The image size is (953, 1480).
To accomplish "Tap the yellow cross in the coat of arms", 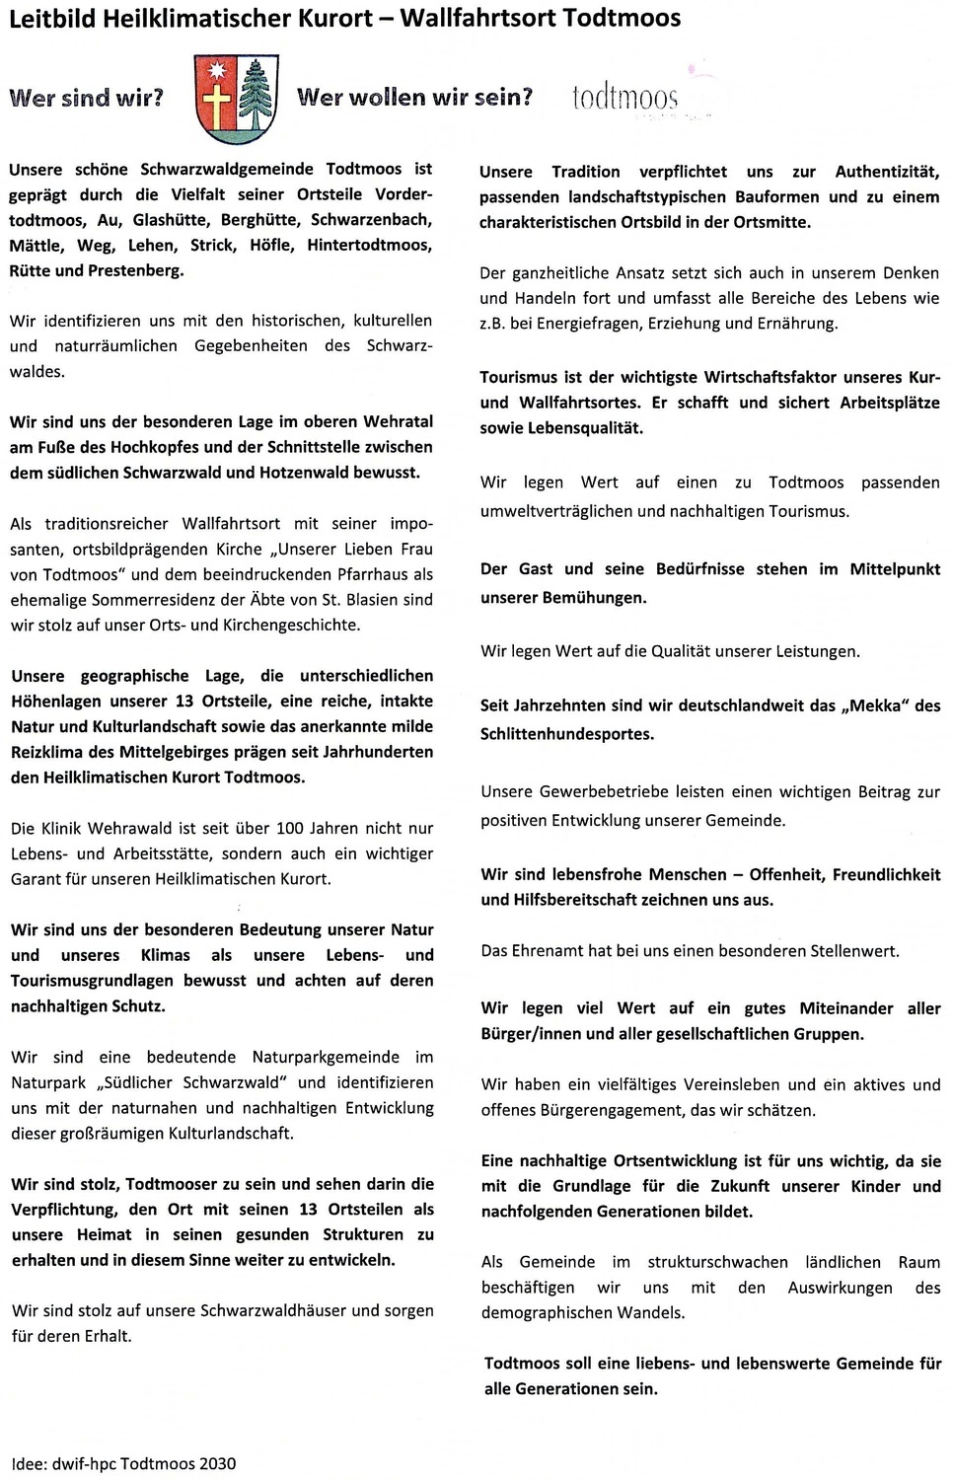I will (x=218, y=102).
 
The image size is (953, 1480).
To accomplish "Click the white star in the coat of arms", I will (x=218, y=70).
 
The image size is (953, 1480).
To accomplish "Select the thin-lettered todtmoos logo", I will (x=624, y=99).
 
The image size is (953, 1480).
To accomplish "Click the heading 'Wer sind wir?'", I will (x=86, y=98).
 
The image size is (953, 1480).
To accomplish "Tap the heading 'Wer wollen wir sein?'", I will (x=414, y=98).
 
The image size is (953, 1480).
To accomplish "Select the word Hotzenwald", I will (x=303, y=473).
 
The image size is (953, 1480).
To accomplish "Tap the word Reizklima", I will (x=48, y=752).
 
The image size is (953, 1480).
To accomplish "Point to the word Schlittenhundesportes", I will (x=566, y=734).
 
